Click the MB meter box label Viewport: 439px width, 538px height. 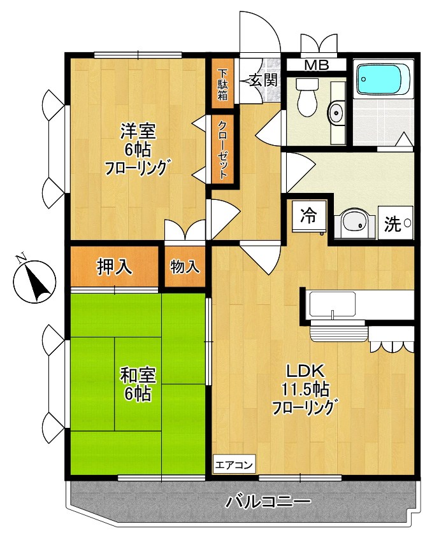point(315,64)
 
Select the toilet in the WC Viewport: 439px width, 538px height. point(307,99)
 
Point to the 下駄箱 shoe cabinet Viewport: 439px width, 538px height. point(222,85)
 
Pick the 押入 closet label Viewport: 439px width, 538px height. point(114,266)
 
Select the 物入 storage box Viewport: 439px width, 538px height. point(184,266)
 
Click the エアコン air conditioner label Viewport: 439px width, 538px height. point(234,464)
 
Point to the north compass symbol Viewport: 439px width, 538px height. point(34,280)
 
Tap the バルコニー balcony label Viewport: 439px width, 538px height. point(268,501)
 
